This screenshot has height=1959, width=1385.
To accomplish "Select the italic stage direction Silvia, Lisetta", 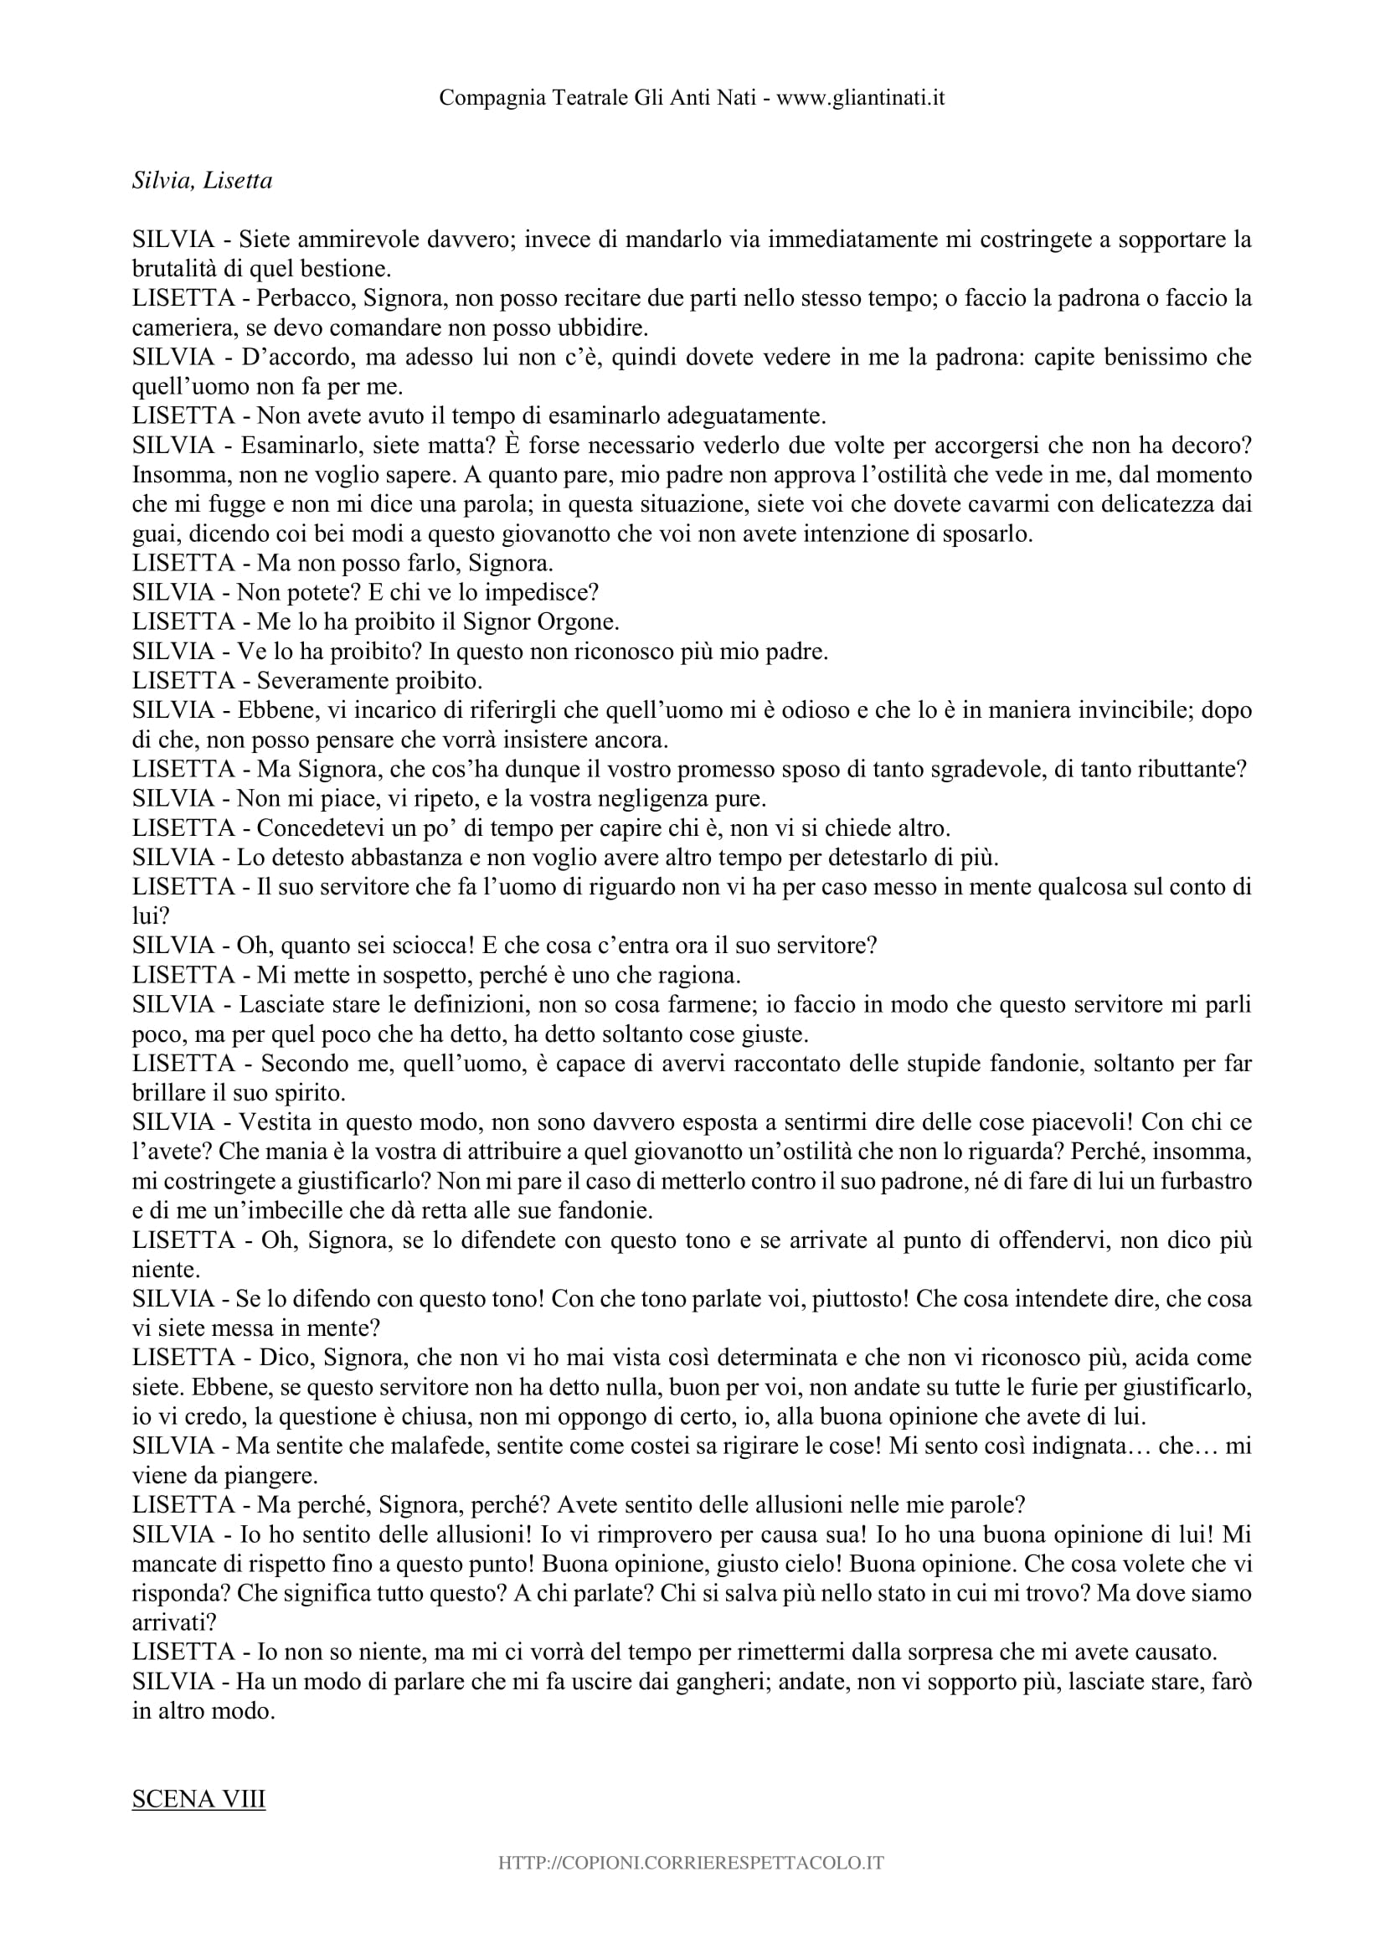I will point(202,181).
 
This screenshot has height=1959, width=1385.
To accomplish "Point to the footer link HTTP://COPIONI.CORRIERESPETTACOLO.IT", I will point(692,1886).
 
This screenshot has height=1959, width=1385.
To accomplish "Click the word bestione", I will point(344,269).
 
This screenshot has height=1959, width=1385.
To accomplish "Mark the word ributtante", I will point(1187,769).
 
